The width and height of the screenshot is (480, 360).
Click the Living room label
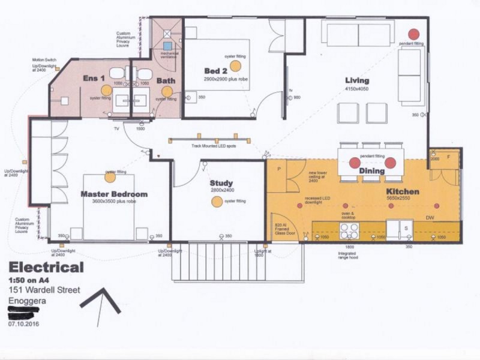356,80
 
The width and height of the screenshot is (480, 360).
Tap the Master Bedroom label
114,194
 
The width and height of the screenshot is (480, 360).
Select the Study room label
221,183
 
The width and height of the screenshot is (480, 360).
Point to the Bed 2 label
216,71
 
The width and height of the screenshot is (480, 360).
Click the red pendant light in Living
413,34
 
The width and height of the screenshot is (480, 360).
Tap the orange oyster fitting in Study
217,202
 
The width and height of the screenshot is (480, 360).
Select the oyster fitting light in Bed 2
235,65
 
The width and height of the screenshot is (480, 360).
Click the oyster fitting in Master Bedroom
110,177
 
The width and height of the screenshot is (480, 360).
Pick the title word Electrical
46,268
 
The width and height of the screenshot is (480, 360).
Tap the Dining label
372,171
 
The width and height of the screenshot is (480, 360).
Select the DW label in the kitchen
430,218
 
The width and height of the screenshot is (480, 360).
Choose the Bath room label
166,80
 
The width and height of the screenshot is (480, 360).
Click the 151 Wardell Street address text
44,290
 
